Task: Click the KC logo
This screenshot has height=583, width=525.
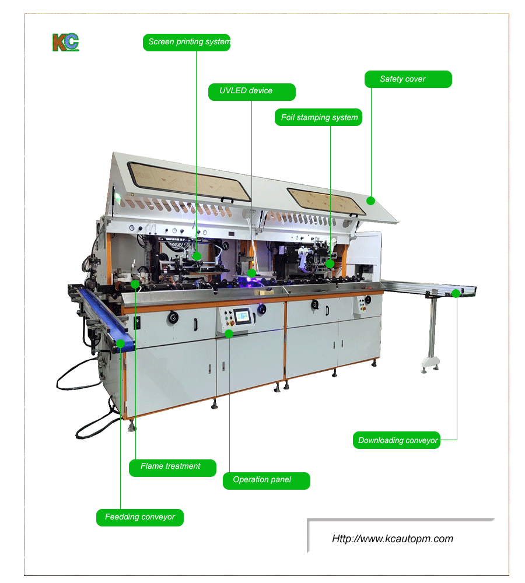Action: pos(65,43)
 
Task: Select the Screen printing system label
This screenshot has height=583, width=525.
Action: pos(187,42)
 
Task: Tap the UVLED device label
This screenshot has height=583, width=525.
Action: pos(251,91)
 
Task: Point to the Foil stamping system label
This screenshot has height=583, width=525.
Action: pos(318,117)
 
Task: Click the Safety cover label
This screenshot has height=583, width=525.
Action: pos(408,79)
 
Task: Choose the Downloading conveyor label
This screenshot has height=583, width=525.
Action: pos(397,440)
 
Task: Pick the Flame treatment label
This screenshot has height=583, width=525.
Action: pos(172,466)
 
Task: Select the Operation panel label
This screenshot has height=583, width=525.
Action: pos(266,480)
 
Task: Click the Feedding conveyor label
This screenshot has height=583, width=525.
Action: pos(140,517)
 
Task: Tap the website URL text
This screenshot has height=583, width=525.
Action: pos(393,539)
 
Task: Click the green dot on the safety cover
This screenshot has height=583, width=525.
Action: pos(370,201)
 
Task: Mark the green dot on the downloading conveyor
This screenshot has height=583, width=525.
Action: pos(456,293)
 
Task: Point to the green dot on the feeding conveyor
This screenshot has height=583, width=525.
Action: pos(120,343)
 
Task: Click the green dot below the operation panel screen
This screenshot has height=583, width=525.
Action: pos(229,333)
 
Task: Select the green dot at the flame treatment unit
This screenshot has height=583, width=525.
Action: pos(135,284)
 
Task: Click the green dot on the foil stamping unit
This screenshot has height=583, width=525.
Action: pos(330,264)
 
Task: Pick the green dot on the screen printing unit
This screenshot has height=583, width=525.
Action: pos(197,255)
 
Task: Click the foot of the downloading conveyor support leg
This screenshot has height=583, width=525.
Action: pos(430,366)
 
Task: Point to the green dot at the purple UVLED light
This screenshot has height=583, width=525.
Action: pos(251,272)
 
